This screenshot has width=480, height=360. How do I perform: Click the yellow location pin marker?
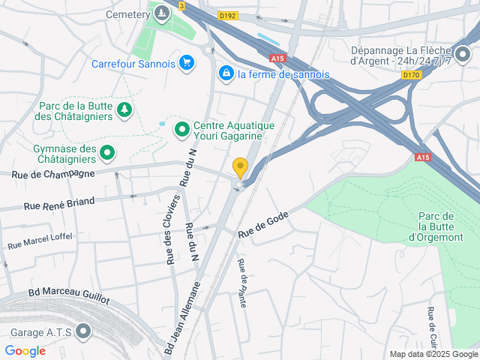[240, 166]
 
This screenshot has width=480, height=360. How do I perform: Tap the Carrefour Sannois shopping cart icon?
[187, 64]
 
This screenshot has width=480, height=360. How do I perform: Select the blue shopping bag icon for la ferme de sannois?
[225, 73]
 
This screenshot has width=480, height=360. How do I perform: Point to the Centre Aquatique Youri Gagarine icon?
[181, 130]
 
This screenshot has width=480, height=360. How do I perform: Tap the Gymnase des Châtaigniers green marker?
[108, 154]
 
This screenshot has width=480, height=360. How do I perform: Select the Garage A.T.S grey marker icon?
[83, 331]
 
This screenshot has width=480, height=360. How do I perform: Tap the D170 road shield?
[410, 74]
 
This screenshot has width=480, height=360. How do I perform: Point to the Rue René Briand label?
[59, 202]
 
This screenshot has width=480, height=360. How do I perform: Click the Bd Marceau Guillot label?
[68, 296]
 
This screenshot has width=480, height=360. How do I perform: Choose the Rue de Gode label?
[263, 223]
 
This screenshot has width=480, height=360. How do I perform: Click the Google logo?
[25, 350]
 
